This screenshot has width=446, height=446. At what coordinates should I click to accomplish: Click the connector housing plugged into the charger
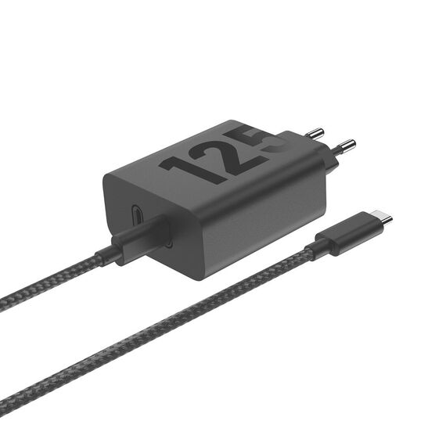(x=142, y=238)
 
